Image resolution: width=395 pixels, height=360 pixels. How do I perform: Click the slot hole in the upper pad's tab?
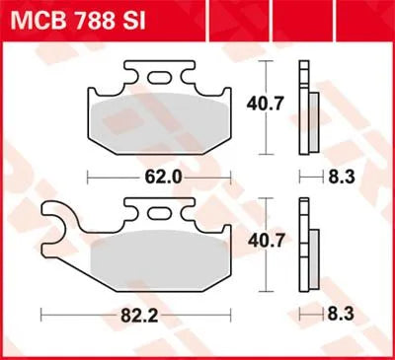click(159, 77)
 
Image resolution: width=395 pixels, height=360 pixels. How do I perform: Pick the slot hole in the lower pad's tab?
click(160, 211)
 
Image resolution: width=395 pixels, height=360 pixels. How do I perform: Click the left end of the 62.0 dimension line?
click(90, 178)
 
